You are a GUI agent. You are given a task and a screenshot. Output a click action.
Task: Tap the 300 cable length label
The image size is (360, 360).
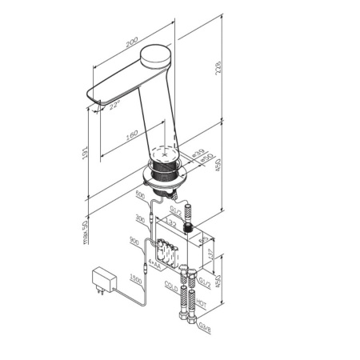tap(141, 218)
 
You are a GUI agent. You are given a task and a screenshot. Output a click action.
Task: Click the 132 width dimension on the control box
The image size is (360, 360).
tap(170, 225)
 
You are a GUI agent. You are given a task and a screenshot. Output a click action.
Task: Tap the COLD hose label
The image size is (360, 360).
tap(170, 285)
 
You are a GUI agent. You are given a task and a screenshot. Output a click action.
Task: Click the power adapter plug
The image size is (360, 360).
tap(102, 281)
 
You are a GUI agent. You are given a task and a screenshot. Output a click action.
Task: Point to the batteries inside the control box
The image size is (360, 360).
tap(169, 251)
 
